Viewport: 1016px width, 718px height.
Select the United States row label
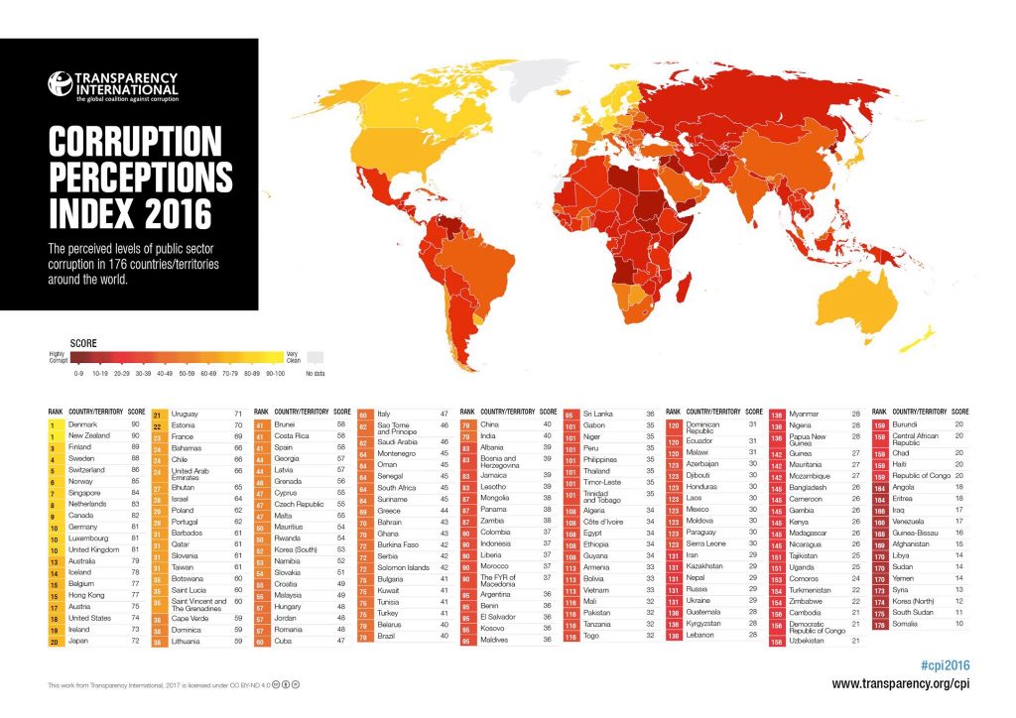[x=89, y=616]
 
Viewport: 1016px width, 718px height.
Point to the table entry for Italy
[x=384, y=414]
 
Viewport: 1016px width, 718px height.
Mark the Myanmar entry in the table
[x=805, y=414]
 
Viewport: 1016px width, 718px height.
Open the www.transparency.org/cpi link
[x=901, y=683]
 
